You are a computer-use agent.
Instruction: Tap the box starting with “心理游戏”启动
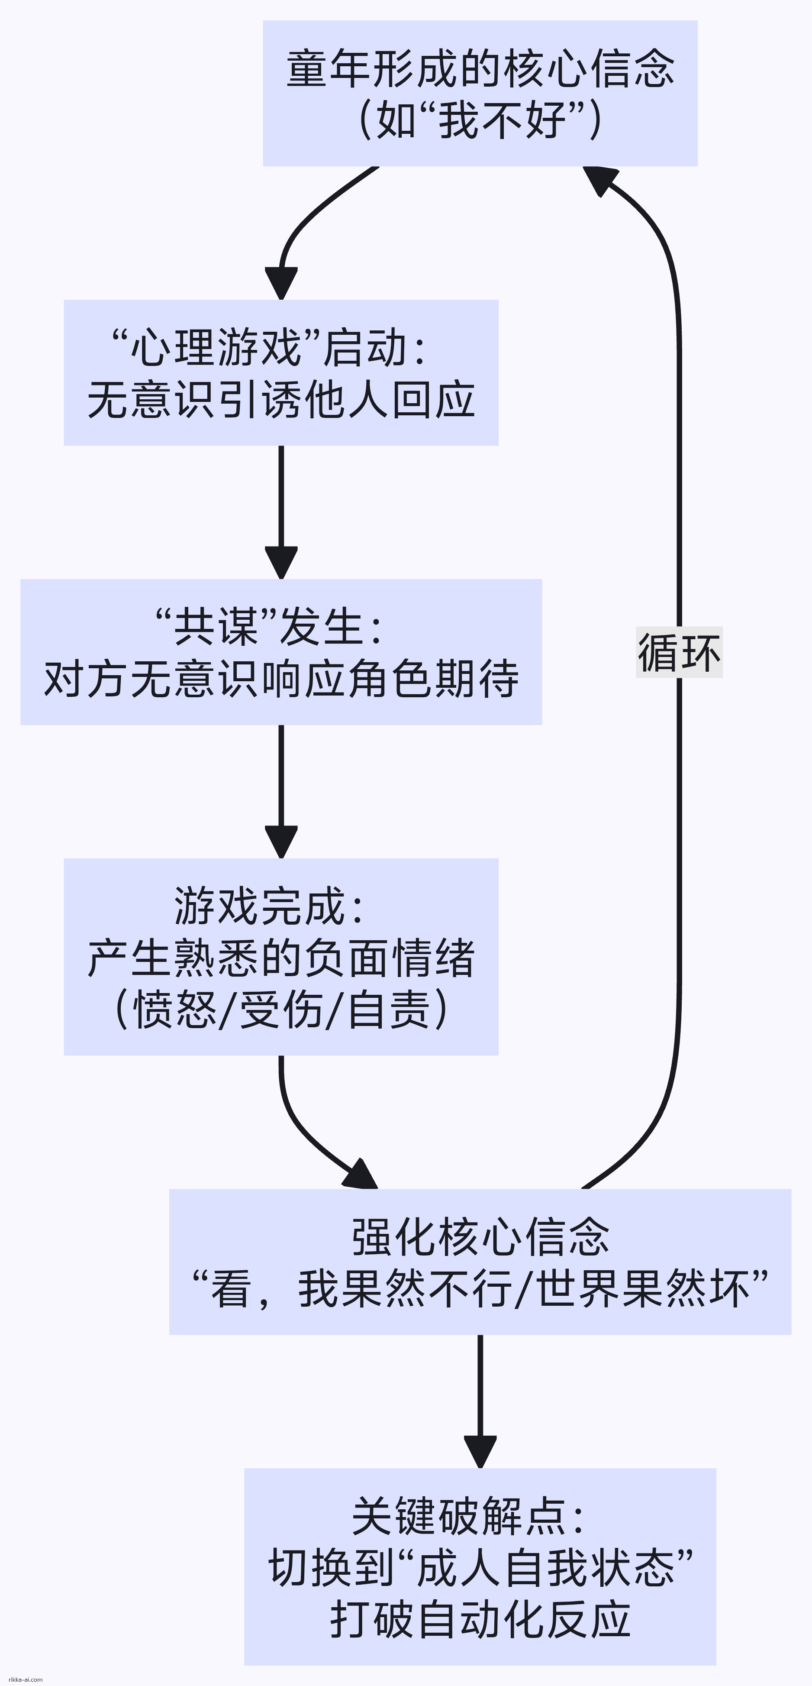[281, 372]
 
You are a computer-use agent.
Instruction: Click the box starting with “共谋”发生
[281, 652]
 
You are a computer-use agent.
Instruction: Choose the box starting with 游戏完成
[281, 957]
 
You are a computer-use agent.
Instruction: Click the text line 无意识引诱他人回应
[281, 400]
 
